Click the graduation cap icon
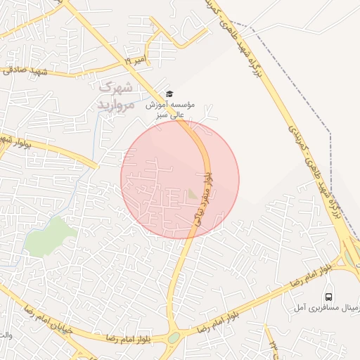[169, 94]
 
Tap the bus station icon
[328, 296]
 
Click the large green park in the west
[50, 236]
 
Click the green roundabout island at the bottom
[174, 338]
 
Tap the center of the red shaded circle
[180, 179]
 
